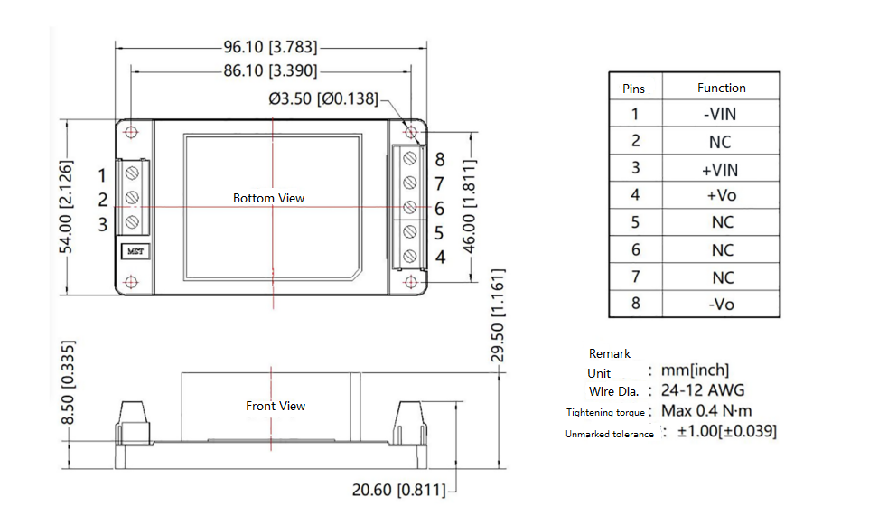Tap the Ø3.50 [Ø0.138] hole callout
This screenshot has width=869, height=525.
pyautogui.click(x=322, y=98)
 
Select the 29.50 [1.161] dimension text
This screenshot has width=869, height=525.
pyautogui.click(x=498, y=314)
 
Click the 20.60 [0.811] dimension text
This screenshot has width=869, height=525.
pyautogui.click(x=398, y=491)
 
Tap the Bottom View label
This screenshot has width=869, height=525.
pyautogui.click(x=268, y=198)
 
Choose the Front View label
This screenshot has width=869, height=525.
pyautogui.click(x=276, y=406)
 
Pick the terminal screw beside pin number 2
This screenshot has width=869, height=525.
pyautogui.click(x=132, y=198)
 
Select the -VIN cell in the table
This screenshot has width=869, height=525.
pyautogui.click(x=721, y=114)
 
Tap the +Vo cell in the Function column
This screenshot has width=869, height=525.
pyautogui.click(x=721, y=195)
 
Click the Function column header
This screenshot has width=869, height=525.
pyautogui.click(x=721, y=88)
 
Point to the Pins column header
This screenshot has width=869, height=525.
pyautogui.click(x=634, y=89)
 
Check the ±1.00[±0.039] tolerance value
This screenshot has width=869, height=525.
pyautogui.click(x=726, y=432)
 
